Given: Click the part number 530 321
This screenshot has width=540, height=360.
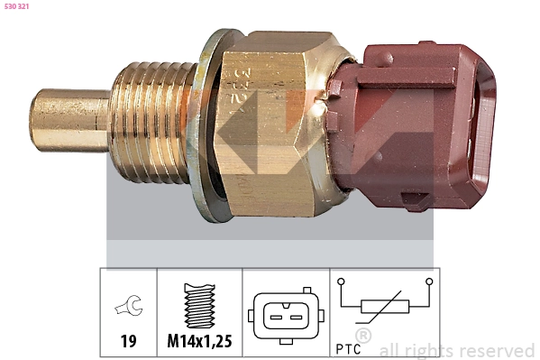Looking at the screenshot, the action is tap(16, 6).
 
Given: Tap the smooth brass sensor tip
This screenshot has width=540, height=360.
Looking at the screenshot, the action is tap(69, 120).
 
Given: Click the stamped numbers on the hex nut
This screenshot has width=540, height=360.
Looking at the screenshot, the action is tap(241, 90).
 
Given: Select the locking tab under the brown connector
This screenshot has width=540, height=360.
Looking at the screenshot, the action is tap(416, 201).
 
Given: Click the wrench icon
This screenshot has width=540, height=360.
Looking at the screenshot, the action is tap(129, 306).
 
